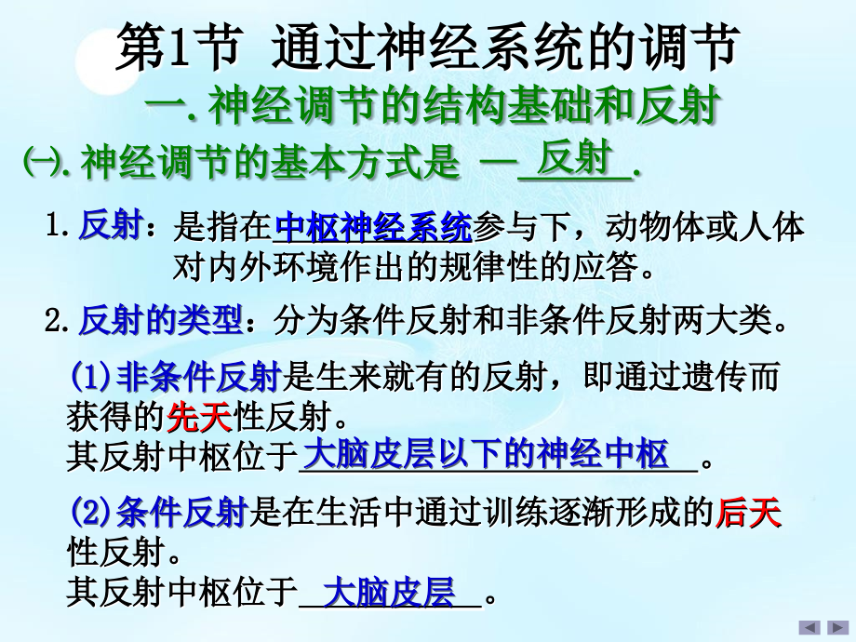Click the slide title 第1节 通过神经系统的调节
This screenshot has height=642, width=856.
point(427,49)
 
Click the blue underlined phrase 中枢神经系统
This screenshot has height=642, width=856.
point(373,226)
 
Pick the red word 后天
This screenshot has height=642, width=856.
point(748,513)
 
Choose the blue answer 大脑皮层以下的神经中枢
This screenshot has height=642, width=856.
point(487,455)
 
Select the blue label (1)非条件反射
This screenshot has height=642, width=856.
point(175,378)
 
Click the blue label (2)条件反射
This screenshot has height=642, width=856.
point(157,513)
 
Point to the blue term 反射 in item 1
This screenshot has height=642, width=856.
point(110,227)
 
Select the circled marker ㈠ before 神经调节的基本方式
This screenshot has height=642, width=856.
point(38,162)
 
